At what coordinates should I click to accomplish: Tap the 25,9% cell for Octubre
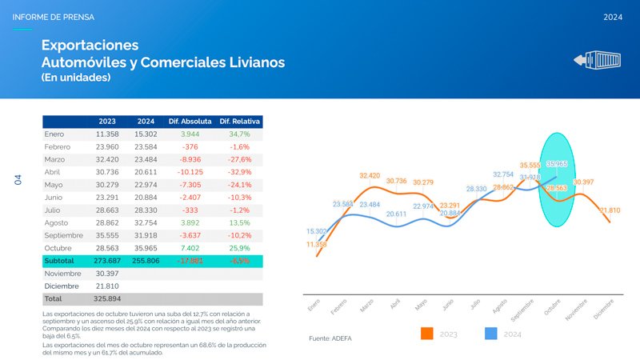pyautogui.click(x=239, y=248)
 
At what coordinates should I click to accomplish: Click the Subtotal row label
pyautogui.click(x=59, y=261)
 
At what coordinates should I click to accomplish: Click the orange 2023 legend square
pyautogui.click(x=426, y=333)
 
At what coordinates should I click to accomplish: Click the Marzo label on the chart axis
pyautogui.click(x=366, y=306)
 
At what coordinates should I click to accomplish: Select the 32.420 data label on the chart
pyautogui.click(x=370, y=175)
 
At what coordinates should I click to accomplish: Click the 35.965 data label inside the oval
pyautogui.click(x=558, y=164)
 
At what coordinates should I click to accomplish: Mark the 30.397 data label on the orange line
pyautogui.click(x=583, y=182)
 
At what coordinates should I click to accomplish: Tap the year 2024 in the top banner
pyautogui.click(x=613, y=17)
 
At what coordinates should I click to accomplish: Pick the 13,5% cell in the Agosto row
pyautogui.click(x=239, y=222)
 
